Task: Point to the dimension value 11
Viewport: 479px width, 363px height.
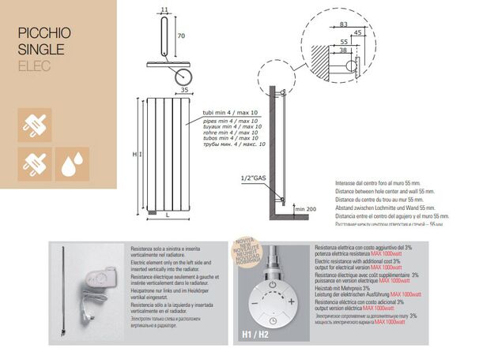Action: coord(164,9)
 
